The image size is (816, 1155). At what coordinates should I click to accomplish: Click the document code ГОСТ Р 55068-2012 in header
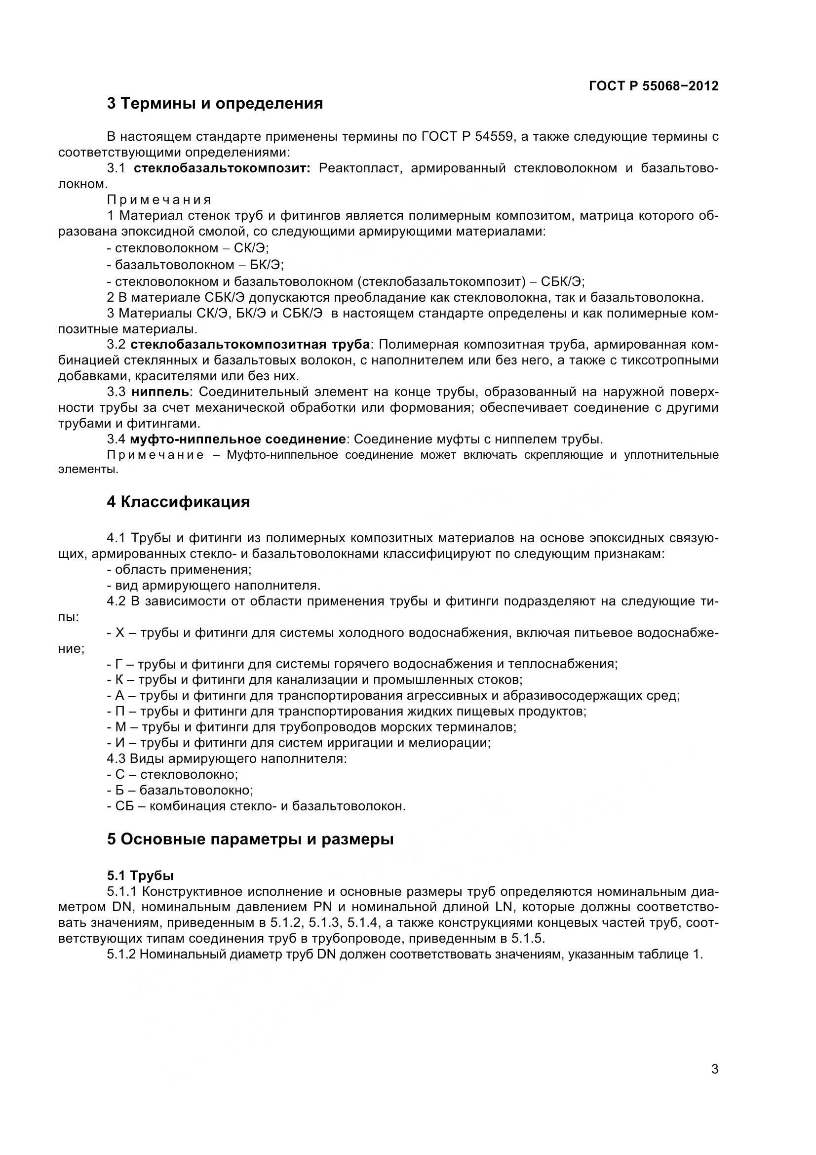653,86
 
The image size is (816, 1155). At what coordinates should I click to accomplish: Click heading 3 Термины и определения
215,104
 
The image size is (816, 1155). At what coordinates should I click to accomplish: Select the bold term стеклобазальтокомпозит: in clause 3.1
222,168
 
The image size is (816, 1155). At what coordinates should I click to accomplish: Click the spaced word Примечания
159,199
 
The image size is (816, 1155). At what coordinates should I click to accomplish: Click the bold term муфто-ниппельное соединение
238,439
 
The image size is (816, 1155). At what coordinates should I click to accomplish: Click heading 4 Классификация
178,502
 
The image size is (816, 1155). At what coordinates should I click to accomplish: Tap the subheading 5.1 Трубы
140,876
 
